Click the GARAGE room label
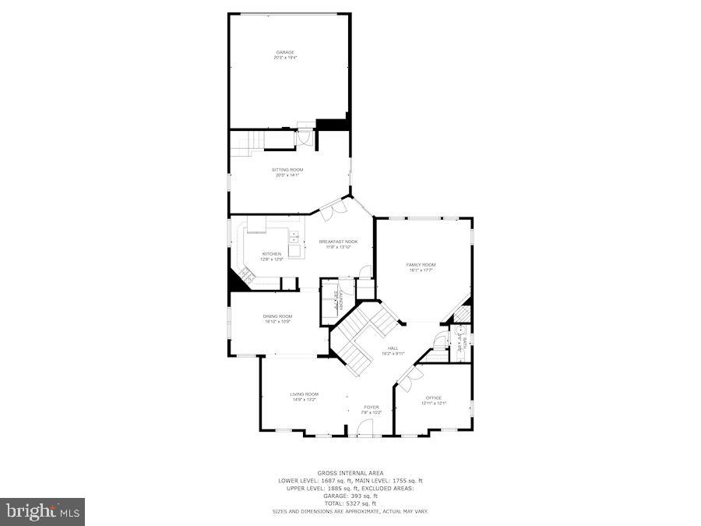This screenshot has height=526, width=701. (x=285, y=52)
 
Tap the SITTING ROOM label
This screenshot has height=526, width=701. (x=287, y=169)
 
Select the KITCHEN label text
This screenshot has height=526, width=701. (x=271, y=254)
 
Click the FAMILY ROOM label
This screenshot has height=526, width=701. (x=421, y=265)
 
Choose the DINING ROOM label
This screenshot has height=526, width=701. (x=278, y=316)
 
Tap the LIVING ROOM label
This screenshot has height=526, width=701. (x=304, y=394)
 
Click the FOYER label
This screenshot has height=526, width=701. (x=372, y=407)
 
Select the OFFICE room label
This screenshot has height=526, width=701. (x=433, y=397)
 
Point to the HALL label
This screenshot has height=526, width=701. (x=393, y=348)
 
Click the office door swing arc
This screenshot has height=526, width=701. (x=408, y=376)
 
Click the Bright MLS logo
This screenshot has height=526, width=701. (x=43, y=511)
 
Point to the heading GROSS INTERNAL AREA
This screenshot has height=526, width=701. (x=350, y=473)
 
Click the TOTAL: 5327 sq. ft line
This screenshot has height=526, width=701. (x=350, y=503)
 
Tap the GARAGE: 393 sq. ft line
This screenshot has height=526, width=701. (x=350, y=496)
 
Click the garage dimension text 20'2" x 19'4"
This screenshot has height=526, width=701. (x=285, y=58)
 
